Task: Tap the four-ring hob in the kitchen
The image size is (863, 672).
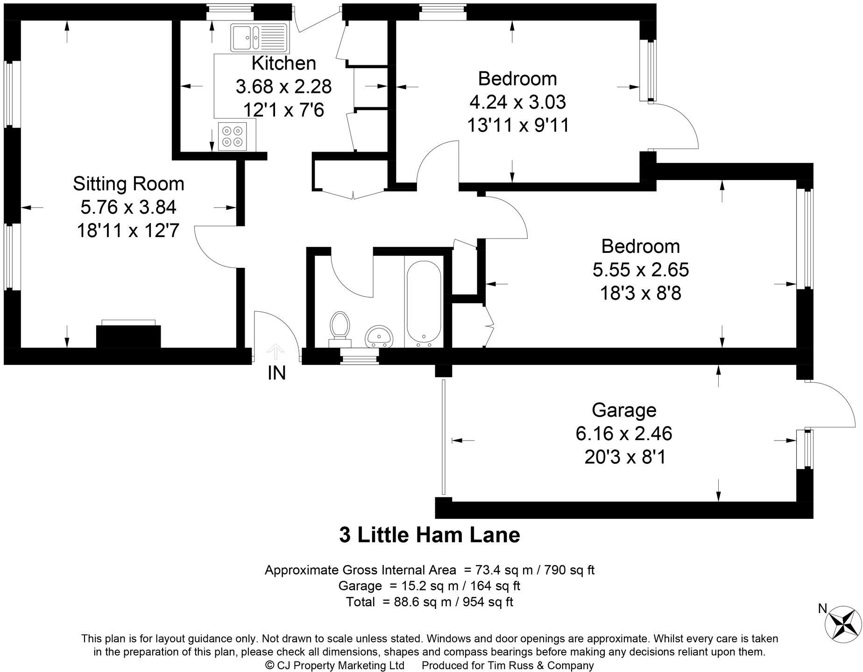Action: point(233,136)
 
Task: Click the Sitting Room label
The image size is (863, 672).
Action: point(128,184)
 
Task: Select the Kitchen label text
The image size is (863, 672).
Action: point(283,63)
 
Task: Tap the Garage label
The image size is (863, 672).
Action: point(624,410)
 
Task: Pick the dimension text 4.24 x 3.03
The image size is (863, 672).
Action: point(518,102)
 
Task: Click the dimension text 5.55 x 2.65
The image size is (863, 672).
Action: point(641,270)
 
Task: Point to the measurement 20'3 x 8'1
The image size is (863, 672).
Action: point(625,457)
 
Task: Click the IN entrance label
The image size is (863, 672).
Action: point(276,373)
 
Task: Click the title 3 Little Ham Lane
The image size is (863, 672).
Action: point(429,535)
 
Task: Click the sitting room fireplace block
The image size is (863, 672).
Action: point(128,336)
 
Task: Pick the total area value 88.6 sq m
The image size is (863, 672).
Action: point(417,602)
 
